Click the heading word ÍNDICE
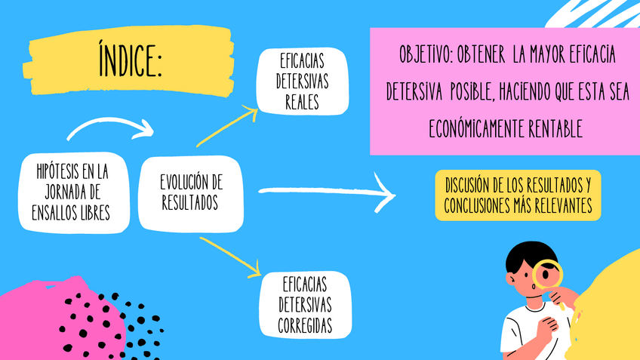pos(129,60)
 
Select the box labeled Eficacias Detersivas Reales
pos(302,80)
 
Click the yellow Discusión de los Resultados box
pos(518,195)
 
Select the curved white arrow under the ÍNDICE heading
pos(109,127)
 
